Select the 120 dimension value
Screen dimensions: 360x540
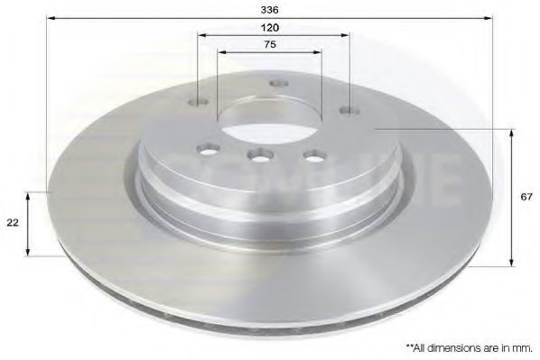point(272,27)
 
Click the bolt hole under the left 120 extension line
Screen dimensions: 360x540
point(200,102)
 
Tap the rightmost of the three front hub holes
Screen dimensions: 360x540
point(313,154)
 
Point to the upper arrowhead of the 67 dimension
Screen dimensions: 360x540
point(514,134)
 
